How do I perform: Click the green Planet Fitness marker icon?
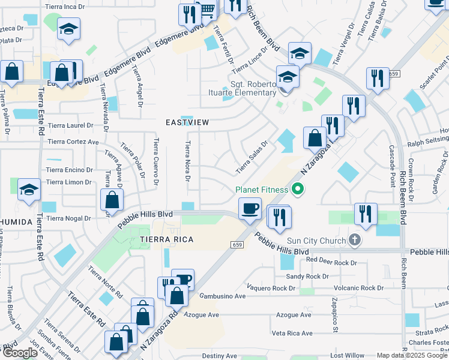[x=297, y=190]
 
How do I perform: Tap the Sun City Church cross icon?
[x=355, y=241]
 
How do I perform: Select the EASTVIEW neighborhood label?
[x=188, y=122]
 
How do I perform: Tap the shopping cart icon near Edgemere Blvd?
[x=207, y=10]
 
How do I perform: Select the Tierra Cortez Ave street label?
[x=73, y=142]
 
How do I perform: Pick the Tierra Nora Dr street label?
[x=188, y=161]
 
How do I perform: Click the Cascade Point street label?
[x=391, y=164]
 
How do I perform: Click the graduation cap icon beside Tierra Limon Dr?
[x=29, y=190]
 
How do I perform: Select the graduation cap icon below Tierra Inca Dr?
[x=68, y=28]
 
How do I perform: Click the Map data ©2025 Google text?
[x=411, y=355]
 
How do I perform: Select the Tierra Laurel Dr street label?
[x=71, y=126]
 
